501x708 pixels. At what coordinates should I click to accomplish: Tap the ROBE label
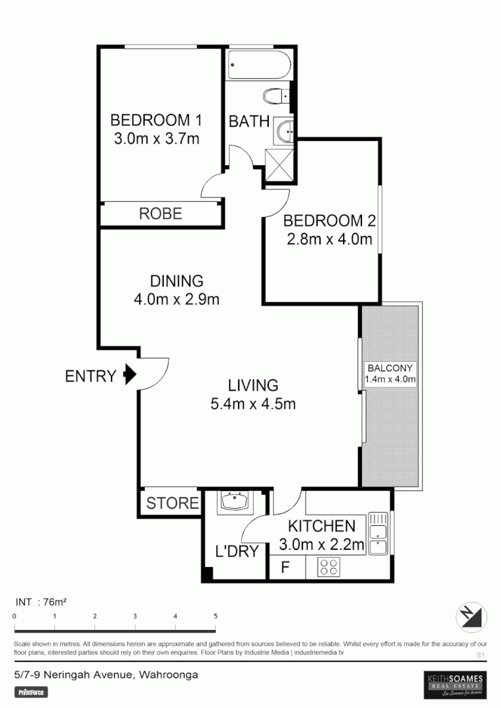point(160,214)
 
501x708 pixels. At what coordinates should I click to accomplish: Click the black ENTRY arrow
point(130,375)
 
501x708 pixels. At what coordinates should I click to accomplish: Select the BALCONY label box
point(391,373)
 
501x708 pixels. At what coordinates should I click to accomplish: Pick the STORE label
point(172,503)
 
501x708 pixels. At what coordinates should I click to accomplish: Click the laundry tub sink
point(234,502)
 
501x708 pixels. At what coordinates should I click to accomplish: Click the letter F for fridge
point(285,567)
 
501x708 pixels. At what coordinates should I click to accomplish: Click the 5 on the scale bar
point(215,616)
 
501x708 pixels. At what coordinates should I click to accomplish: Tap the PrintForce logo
point(31,692)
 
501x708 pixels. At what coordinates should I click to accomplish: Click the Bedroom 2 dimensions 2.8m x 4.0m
point(329,239)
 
